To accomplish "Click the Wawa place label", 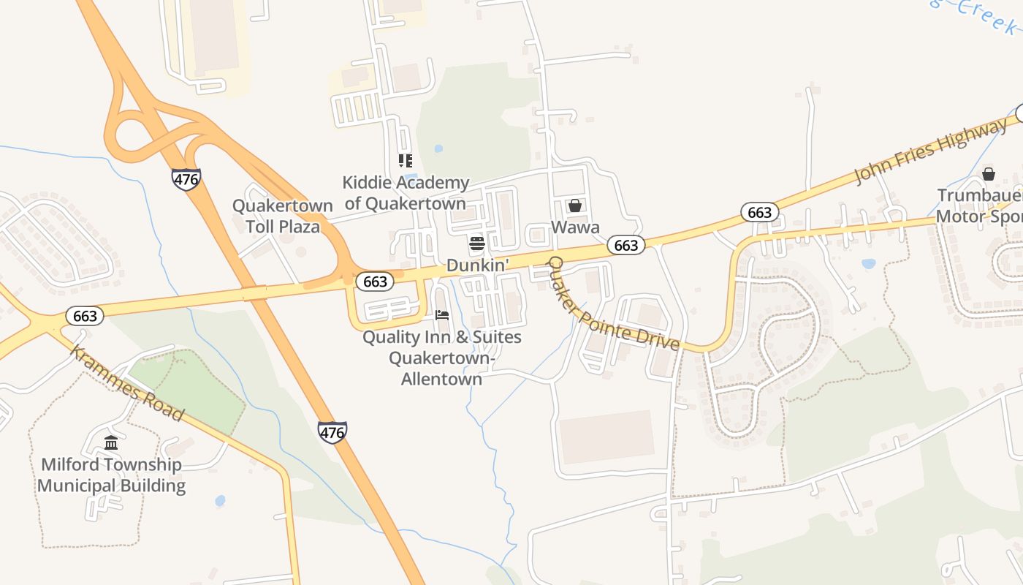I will click(x=575, y=227).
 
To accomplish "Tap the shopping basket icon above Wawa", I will click(x=575, y=205).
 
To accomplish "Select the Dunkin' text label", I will click(x=477, y=265).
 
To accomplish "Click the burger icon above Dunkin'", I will click(x=477, y=243).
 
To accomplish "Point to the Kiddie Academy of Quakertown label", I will click(x=406, y=192).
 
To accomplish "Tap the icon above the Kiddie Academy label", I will click(x=405, y=161).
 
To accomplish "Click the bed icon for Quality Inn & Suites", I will click(x=442, y=315).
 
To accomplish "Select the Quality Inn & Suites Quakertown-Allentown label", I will click(x=442, y=358).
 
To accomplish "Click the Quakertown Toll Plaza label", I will click(x=283, y=216).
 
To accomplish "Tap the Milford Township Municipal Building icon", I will click(x=111, y=442).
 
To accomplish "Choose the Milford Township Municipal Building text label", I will click(x=111, y=475).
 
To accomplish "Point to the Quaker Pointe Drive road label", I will click(x=614, y=303).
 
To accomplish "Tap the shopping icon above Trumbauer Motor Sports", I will click(x=989, y=174).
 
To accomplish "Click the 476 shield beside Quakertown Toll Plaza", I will click(x=186, y=178).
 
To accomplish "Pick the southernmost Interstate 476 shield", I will click(x=332, y=431).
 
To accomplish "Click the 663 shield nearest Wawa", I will click(x=626, y=246).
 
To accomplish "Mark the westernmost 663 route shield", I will click(x=85, y=316).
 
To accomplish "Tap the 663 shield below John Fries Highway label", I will click(x=760, y=212).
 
